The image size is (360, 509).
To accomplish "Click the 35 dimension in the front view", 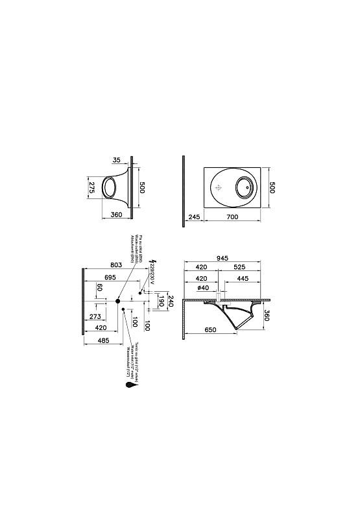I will [116, 159].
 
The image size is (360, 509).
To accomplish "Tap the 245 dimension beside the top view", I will [194, 217].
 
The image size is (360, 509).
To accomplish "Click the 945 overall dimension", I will [222, 258].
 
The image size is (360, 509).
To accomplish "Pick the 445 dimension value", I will [243, 279].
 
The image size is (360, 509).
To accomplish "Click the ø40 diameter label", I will [202, 288].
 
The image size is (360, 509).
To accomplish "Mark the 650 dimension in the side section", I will [210, 331].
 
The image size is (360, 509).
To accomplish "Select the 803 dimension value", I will [117, 265].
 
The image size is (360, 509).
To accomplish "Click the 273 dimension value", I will [95, 317].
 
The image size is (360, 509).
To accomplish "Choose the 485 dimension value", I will [102, 340].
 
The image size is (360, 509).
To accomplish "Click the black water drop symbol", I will [132, 385].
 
